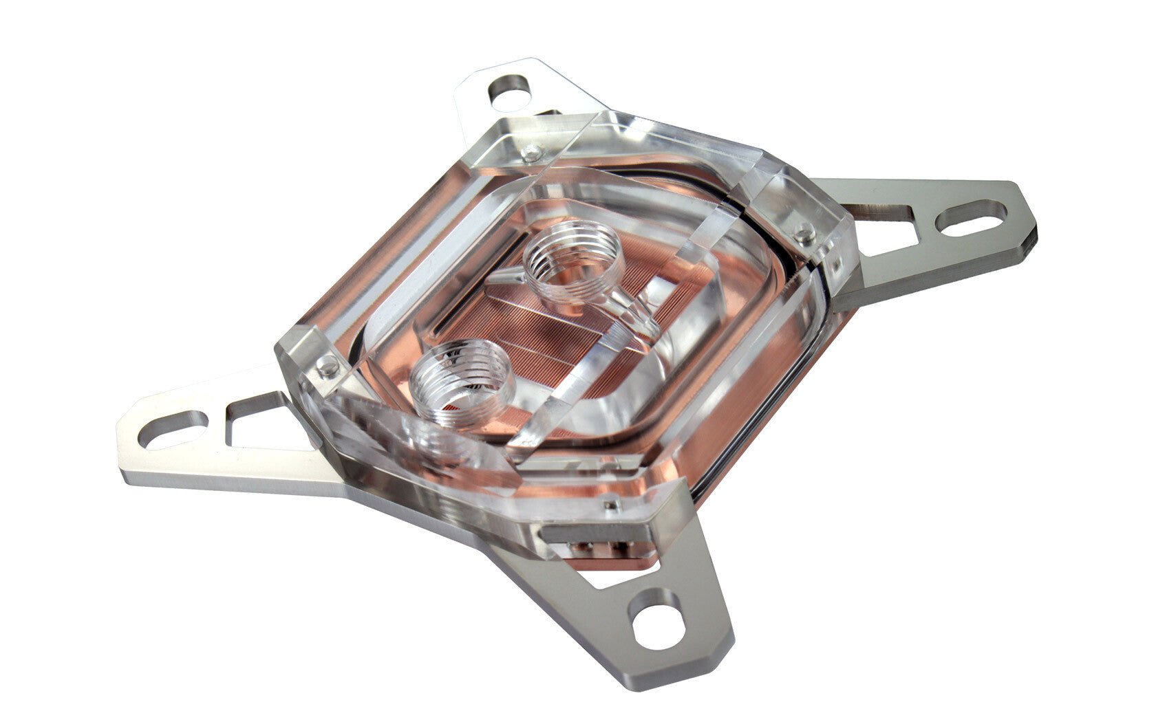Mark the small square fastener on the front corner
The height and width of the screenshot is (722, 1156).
coord(608,506)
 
